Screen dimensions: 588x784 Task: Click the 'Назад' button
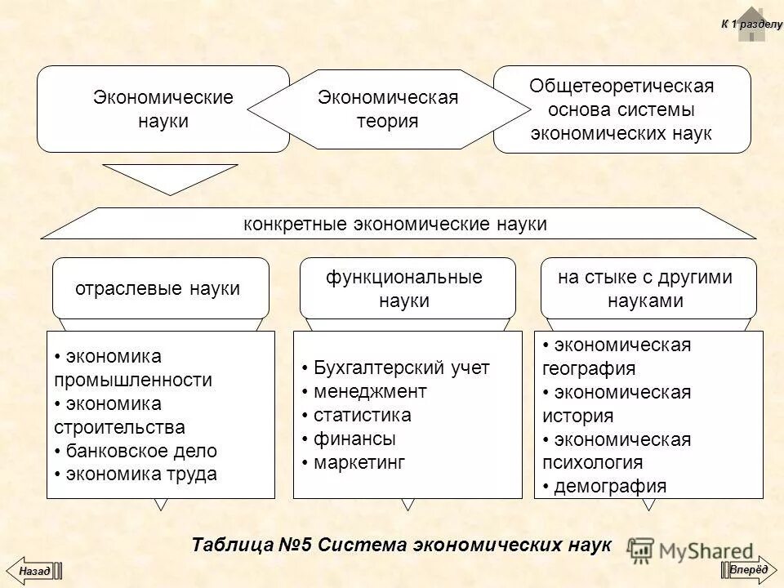pyautogui.click(x=33, y=569)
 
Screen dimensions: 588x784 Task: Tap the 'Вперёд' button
pyautogui.click(x=749, y=569)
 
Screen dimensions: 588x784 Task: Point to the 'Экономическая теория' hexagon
pyautogui.click(x=388, y=109)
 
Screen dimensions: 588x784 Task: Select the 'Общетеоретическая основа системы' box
pyautogui.click(x=621, y=109)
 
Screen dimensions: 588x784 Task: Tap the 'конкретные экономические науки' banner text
pyautogui.click(x=395, y=224)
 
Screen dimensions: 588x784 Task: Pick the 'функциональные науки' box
pyautogui.click(x=407, y=287)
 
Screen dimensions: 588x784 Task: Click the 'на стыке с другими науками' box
pyautogui.click(x=648, y=287)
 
